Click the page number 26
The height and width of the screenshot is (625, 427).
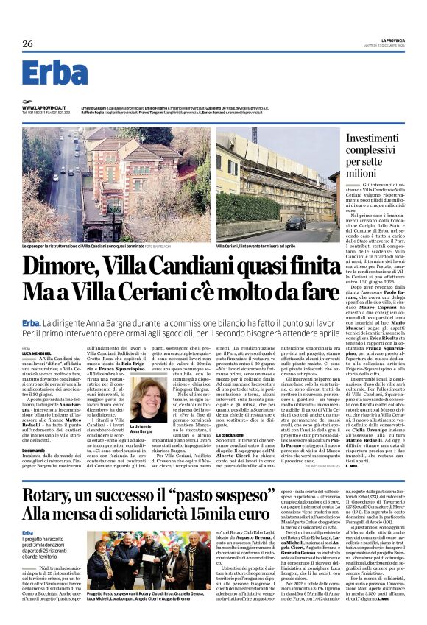pos(28,44)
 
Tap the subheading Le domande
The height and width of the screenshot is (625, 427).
pos(34,428)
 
